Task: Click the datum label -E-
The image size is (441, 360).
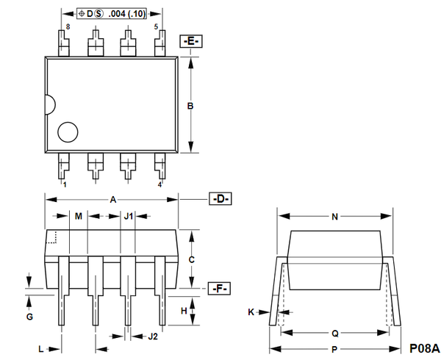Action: point(190,41)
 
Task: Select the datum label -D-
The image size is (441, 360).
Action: point(220,199)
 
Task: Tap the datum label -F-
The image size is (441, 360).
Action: point(220,289)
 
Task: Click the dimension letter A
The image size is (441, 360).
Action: point(112,199)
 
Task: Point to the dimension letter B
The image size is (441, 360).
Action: point(190,107)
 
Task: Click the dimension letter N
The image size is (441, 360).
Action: point(334,217)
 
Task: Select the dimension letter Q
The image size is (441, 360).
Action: point(334,331)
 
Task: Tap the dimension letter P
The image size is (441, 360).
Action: point(334,350)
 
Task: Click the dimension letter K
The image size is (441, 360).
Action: point(251,312)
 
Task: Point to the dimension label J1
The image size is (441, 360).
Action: point(128,216)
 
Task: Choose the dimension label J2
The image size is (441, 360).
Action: point(152,336)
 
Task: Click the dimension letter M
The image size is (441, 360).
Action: point(79,216)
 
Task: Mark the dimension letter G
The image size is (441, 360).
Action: point(29,317)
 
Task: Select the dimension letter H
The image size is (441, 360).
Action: point(184,312)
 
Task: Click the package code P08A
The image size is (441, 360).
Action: point(424,348)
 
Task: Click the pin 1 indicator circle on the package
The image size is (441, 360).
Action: point(68,132)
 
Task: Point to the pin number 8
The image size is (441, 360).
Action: point(67,26)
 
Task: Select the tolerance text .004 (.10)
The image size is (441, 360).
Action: point(126,14)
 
